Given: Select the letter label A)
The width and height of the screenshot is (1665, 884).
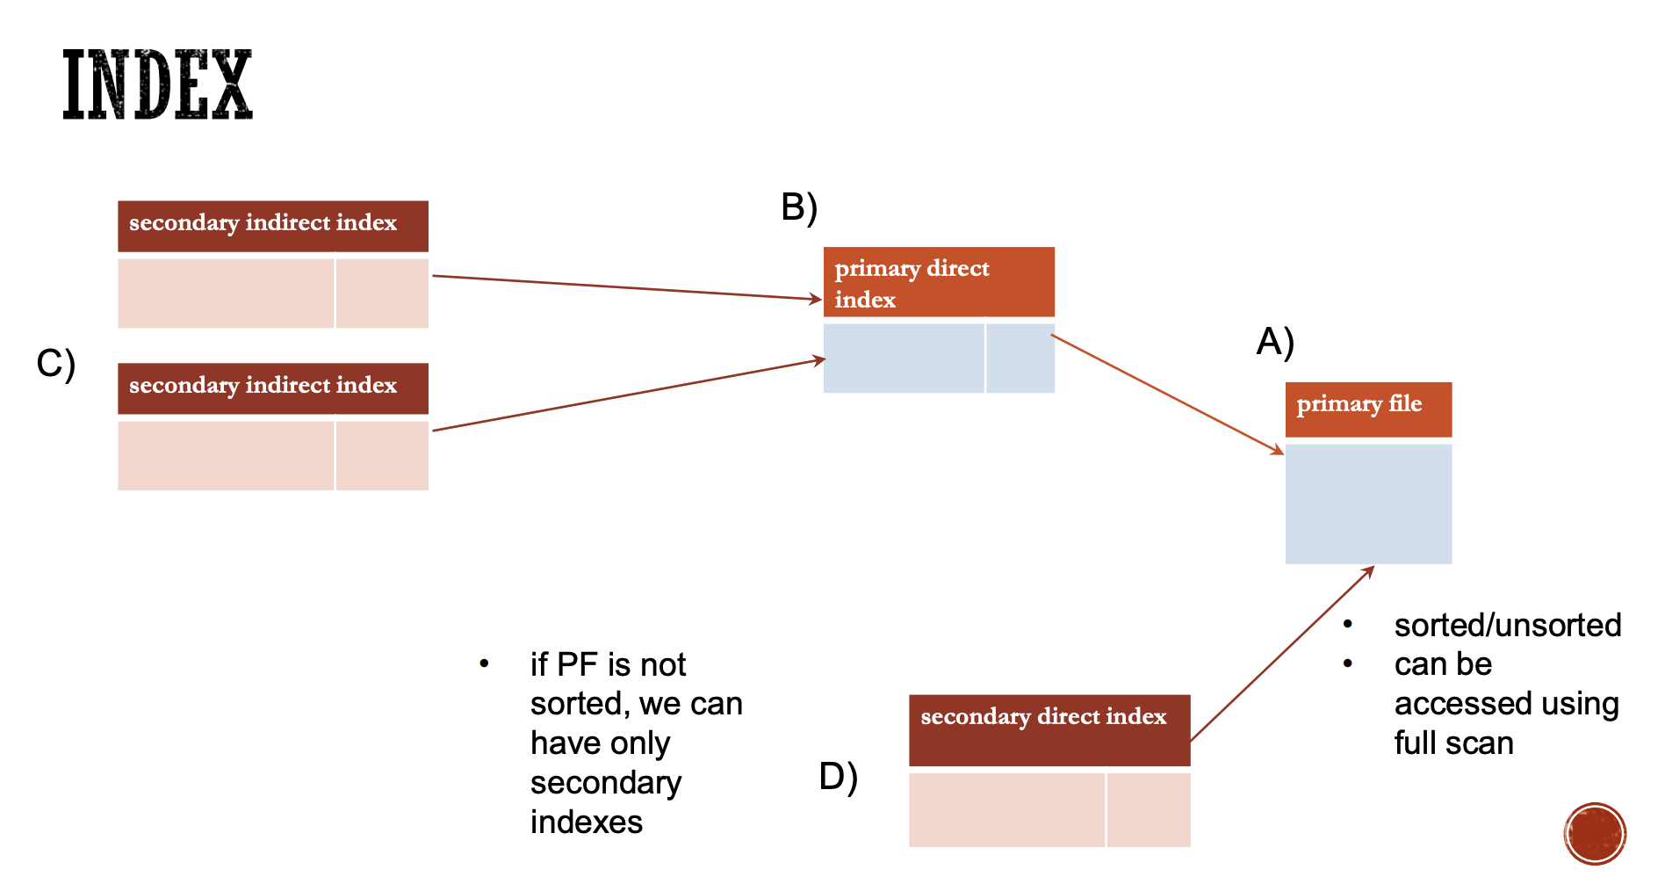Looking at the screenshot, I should click(x=1275, y=342).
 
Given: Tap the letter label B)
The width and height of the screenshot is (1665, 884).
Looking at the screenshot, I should click(x=799, y=207).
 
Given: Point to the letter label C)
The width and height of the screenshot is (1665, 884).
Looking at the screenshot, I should click(x=56, y=363).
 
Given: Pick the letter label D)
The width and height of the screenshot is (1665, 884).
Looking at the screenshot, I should click(x=838, y=777).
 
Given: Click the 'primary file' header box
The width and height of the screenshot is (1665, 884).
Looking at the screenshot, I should click(x=1368, y=409).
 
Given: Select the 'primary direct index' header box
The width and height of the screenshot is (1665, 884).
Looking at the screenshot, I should click(x=939, y=282).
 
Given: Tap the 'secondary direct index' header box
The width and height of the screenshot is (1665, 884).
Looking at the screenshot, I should click(x=1049, y=729).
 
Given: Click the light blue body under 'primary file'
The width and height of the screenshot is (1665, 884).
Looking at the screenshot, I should click(x=1368, y=504).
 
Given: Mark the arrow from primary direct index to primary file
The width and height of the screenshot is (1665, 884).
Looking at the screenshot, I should click(x=1168, y=393).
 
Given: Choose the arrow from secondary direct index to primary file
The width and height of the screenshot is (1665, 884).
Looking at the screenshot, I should click(x=1282, y=654).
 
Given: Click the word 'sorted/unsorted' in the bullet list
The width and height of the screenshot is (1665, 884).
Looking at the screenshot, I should click(x=1507, y=626).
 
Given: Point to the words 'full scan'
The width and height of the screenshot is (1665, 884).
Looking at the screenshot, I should click(x=1453, y=743).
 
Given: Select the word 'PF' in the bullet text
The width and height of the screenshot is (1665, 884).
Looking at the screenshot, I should click(x=577, y=665).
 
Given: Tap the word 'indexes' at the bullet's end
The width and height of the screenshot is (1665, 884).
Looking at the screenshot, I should click(x=587, y=822).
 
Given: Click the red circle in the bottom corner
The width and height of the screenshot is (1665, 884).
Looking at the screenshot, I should click(x=1595, y=834).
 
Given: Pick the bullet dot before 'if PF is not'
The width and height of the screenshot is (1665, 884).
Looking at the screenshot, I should click(x=484, y=663).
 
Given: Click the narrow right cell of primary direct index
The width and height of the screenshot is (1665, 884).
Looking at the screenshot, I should click(x=1020, y=358).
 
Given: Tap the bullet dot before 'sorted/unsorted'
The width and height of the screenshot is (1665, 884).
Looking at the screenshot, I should click(x=1348, y=624).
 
